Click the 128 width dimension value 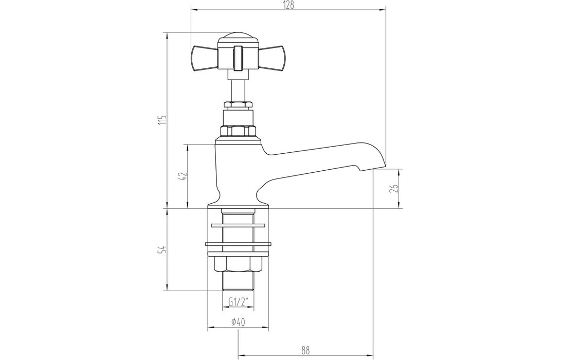[288, 5]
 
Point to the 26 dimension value [394, 188]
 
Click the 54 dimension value [163, 249]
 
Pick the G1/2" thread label [238, 302]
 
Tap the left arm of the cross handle [204, 58]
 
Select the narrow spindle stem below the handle [237, 87]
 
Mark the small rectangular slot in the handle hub [237, 57]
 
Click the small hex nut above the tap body [237, 105]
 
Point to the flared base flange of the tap [238, 205]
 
